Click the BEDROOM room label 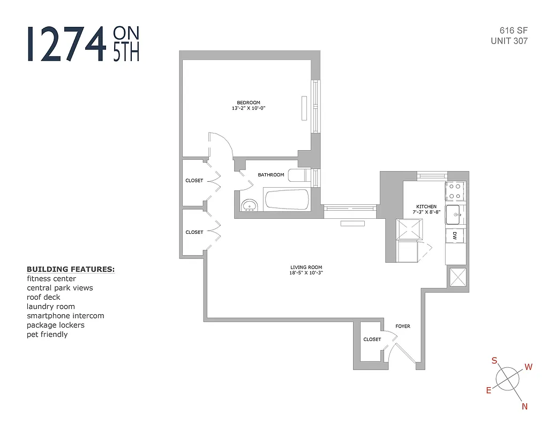[249, 103]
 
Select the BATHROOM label [271, 175]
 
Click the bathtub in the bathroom [287, 199]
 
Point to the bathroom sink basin [249, 205]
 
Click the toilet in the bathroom [296, 175]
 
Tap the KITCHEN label [426, 206]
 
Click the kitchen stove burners [455, 191]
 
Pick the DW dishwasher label [455, 235]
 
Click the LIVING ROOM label [306, 267]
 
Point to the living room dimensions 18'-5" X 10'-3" [306, 273]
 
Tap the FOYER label [402, 326]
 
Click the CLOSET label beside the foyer [372, 339]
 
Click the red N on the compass [525, 406]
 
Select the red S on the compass [494, 361]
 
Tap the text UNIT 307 [509, 41]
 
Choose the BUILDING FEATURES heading [71, 269]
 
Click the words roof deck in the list [43, 297]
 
